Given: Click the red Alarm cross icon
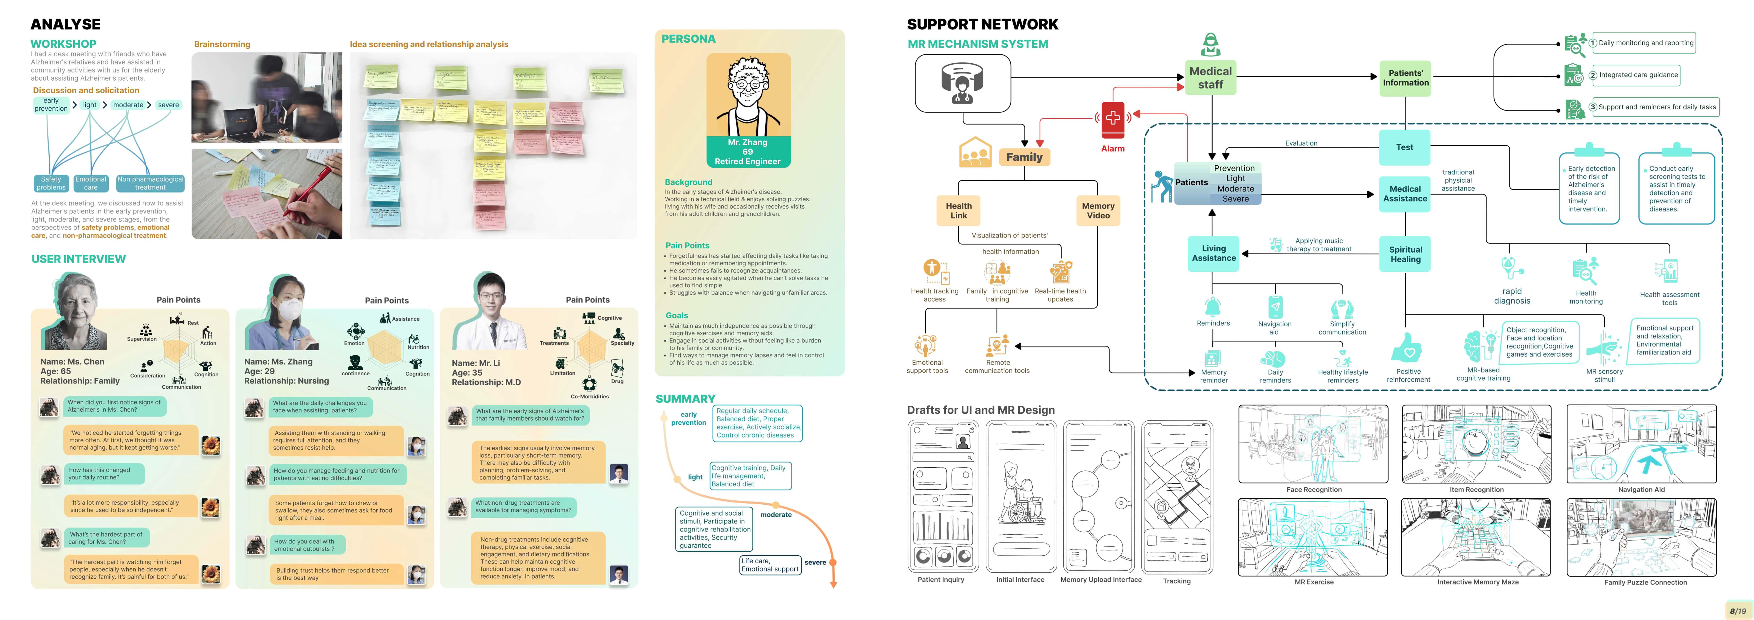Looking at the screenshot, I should tap(1113, 118).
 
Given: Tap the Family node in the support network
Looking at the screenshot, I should tap(1024, 157).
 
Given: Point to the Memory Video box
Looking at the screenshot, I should tap(1098, 210).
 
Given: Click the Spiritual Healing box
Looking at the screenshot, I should tap(1405, 254).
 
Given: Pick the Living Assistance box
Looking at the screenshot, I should tap(1213, 253).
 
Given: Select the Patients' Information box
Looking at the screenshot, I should tap(1405, 78).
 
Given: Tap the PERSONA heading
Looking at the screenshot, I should tap(688, 39).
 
